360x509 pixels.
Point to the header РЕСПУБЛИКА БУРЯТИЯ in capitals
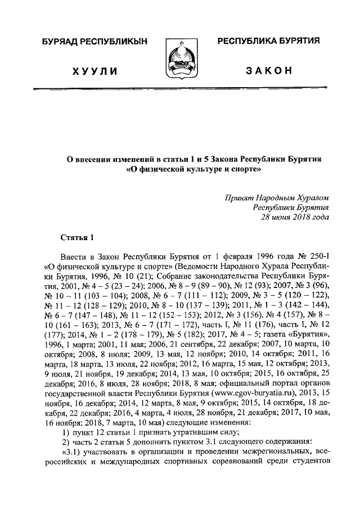269,42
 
